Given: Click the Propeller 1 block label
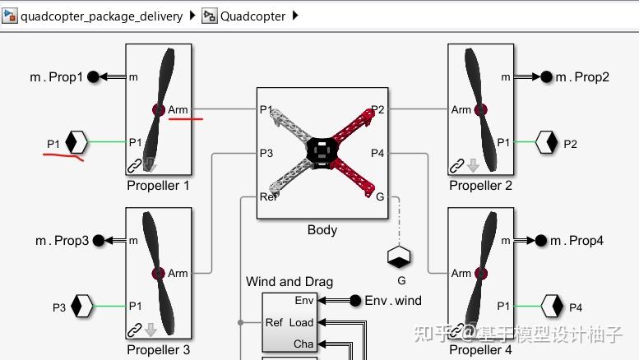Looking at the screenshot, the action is click(x=158, y=185).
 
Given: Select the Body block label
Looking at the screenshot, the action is click(x=322, y=230).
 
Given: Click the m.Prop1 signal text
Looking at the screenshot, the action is click(x=57, y=76).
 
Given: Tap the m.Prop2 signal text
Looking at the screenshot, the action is click(x=581, y=76).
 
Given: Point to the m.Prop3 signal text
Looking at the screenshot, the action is click(x=61, y=241).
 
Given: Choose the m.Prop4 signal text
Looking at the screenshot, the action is click(x=576, y=241).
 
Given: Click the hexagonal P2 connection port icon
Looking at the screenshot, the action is click(x=547, y=143).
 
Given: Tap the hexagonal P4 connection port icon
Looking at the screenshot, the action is click(x=551, y=307).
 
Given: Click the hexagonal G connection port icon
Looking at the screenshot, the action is click(x=400, y=257).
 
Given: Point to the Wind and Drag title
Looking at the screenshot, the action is click(x=289, y=282).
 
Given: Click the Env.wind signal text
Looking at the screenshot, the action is click(x=393, y=301).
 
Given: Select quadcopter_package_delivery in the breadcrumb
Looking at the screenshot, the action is click(x=101, y=16).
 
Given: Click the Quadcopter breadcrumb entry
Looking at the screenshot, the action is click(x=252, y=16).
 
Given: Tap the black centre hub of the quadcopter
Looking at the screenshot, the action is click(x=322, y=150).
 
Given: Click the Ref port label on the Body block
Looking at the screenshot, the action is click(x=268, y=196).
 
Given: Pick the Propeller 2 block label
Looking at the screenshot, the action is click(x=480, y=185).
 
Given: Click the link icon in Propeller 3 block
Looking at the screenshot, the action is click(x=134, y=330).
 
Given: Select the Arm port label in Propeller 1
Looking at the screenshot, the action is click(x=178, y=109).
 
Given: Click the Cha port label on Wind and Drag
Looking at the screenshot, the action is click(x=303, y=344).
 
